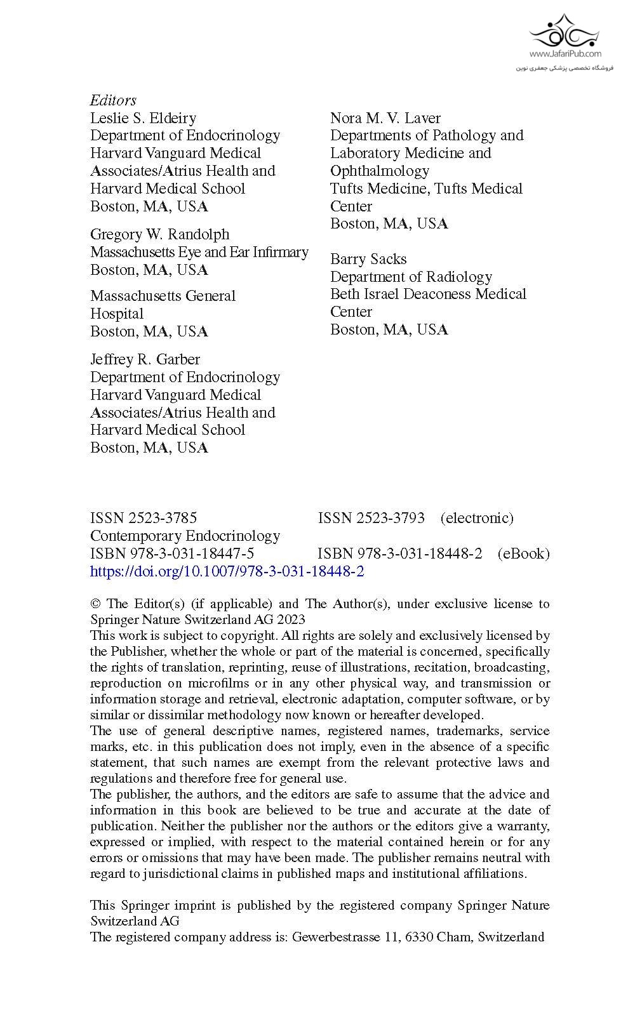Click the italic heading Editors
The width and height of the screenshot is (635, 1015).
113,100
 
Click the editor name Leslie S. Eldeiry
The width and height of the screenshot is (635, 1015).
143,118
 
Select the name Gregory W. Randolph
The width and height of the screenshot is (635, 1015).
159,234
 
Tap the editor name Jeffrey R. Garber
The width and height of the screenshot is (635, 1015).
145,359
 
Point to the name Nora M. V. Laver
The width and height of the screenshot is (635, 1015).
385,118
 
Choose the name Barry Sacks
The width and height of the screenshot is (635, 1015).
368,259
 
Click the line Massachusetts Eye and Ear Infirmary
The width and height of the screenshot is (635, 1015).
199,252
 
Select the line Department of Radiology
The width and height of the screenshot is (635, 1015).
411,277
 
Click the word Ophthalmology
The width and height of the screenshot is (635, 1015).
380,171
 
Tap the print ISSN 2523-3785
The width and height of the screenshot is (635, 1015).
144,518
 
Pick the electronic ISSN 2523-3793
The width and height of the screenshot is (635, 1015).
371,518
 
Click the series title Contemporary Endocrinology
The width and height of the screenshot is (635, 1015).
185,536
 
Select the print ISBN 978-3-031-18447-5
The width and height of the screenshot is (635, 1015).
172,554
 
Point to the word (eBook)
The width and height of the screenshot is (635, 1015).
523,554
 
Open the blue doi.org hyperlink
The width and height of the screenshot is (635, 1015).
227,571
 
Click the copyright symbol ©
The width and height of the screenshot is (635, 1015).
96,604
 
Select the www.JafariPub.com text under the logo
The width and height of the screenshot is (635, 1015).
565,54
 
